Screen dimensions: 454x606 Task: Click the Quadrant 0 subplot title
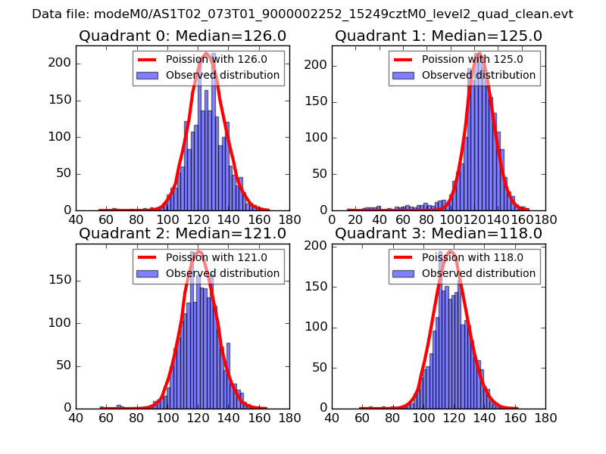tap(183, 36)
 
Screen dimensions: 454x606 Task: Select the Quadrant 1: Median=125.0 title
tap(439, 36)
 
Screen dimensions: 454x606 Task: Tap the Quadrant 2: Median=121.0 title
tap(183, 233)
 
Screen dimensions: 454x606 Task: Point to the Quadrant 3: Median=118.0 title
tap(439, 233)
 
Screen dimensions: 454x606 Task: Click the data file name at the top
tap(302, 14)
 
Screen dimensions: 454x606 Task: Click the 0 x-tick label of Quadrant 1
tap(333, 220)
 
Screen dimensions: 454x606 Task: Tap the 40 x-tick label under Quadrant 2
tap(76, 418)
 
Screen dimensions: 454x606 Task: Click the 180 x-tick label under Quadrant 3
tap(545, 418)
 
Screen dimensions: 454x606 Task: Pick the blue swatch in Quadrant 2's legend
tap(148, 272)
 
